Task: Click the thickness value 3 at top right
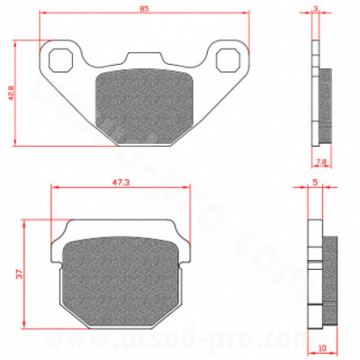316,8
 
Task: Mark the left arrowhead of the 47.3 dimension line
55,187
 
